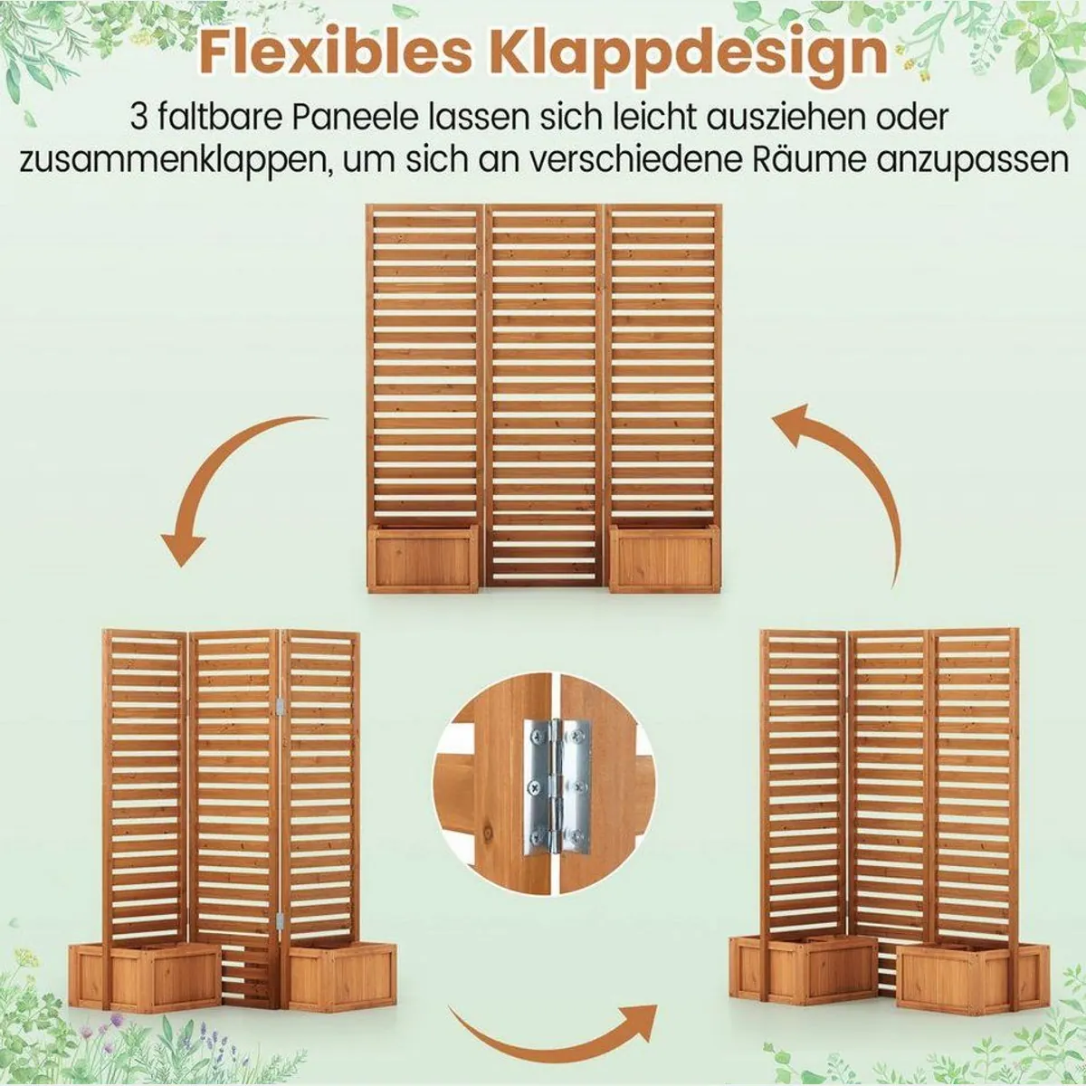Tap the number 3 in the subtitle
(x=138, y=118)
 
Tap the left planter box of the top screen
(x=422, y=557)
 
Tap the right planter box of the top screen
(x=666, y=557)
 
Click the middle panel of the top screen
(x=544, y=395)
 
